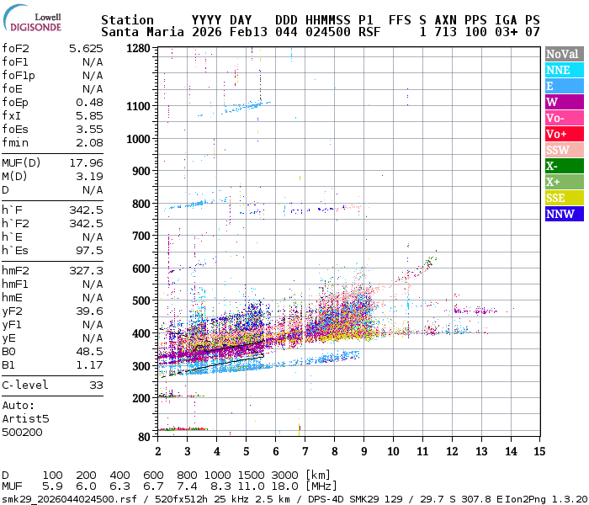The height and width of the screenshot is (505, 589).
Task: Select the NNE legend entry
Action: [562, 70]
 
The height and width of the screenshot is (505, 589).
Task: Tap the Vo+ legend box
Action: [562, 134]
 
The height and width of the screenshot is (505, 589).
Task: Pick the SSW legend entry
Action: [562, 150]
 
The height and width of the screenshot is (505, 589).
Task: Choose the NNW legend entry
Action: [562, 214]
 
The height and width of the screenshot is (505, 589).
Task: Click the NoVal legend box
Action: [562, 54]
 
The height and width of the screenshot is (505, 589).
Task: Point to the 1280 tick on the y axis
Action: [138, 48]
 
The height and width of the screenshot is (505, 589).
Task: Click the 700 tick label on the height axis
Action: [141, 236]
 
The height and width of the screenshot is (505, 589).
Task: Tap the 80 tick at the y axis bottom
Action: [145, 436]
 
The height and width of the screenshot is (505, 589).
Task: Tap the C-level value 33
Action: [96, 385]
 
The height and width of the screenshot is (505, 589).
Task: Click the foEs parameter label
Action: [16, 129]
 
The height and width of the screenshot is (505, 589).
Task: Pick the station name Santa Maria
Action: [138, 32]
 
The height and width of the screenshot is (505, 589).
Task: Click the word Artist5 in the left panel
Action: [25, 418]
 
